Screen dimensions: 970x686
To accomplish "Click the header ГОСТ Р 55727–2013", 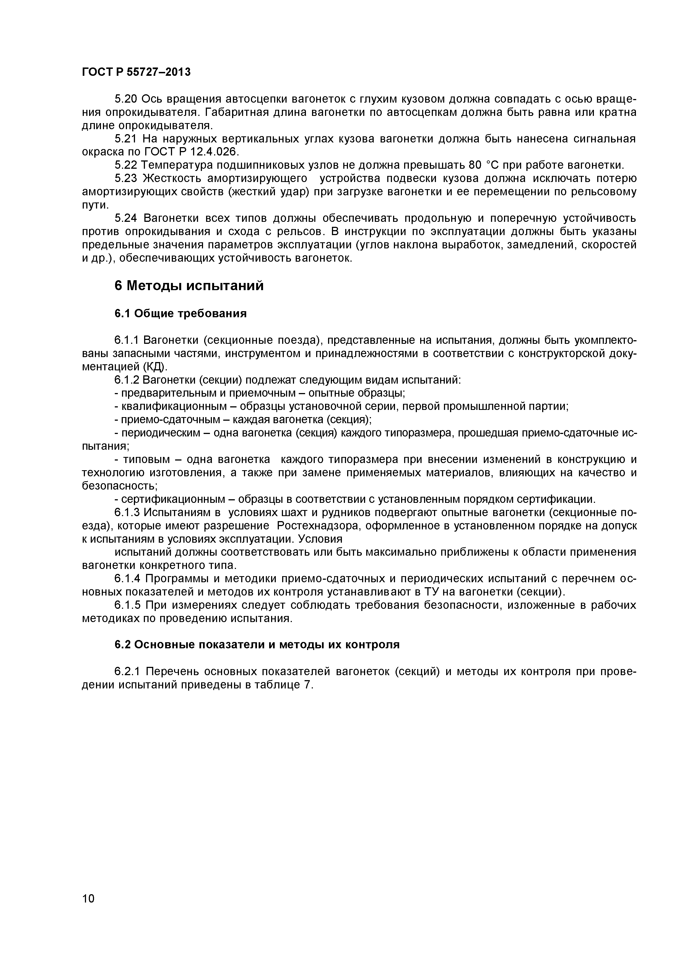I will point(136,72).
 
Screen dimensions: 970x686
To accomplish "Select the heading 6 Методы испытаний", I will point(189,286).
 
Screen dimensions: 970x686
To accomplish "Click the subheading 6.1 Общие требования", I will point(180,313).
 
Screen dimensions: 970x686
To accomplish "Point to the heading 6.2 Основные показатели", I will point(257,645).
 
